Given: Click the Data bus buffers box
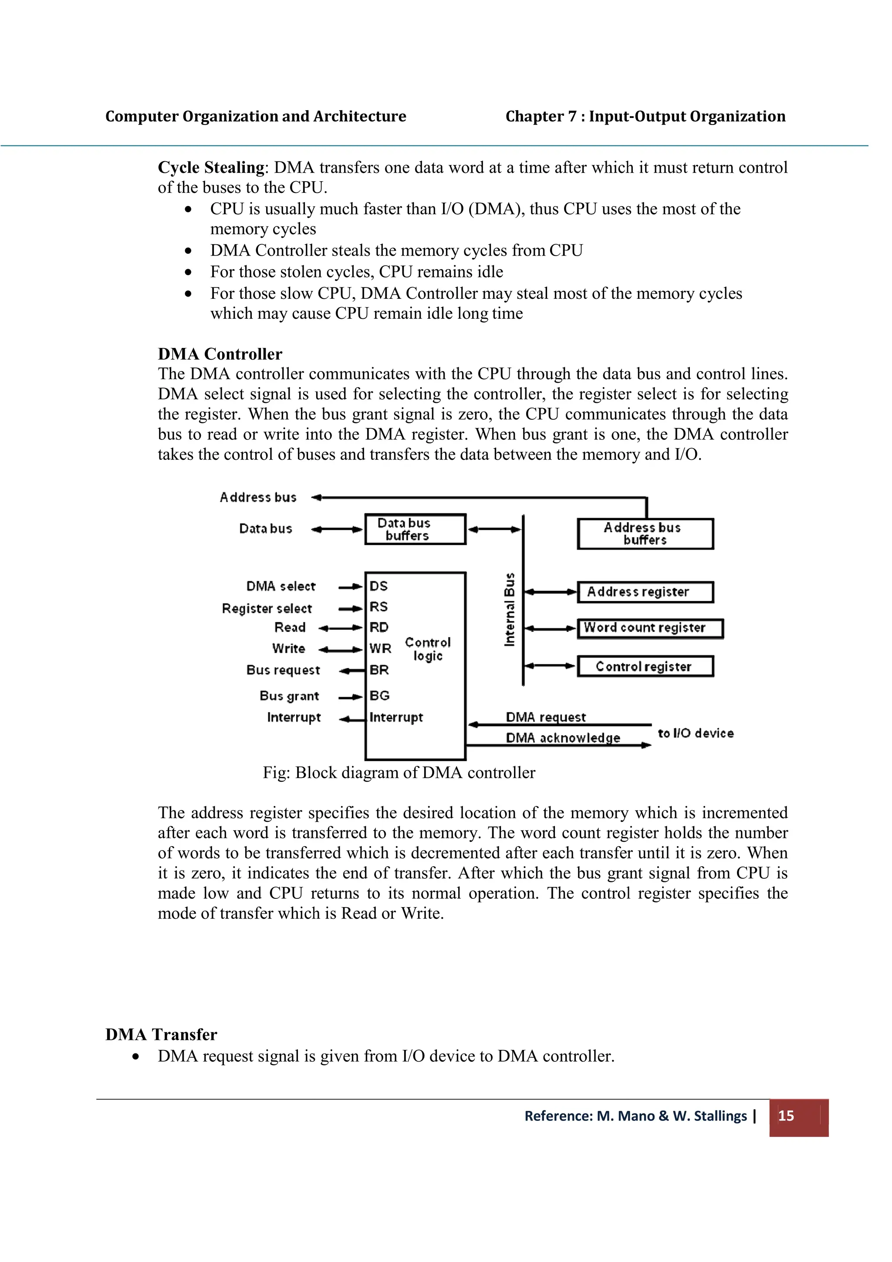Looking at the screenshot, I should [415, 529].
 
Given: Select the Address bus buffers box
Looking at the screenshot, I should [645, 534].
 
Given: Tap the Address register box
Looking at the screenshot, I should [645, 592].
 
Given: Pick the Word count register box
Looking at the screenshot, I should [650, 628].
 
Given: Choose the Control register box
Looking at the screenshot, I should [645, 666].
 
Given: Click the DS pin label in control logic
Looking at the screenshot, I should [378, 586].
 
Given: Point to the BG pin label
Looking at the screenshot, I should [379, 696].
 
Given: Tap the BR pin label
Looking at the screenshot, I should [379, 670].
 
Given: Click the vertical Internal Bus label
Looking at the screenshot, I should [510, 609].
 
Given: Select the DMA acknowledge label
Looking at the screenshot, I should [563, 738].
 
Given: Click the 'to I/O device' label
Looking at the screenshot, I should [695, 733].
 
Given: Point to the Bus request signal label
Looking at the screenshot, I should [283, 670].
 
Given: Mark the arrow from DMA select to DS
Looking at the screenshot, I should [351, 587].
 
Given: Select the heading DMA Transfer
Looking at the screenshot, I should [161, 1034].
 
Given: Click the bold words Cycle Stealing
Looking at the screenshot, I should [211, 167].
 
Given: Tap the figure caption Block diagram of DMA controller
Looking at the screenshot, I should [399, 773].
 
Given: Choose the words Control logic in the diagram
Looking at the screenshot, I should [428, 649].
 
